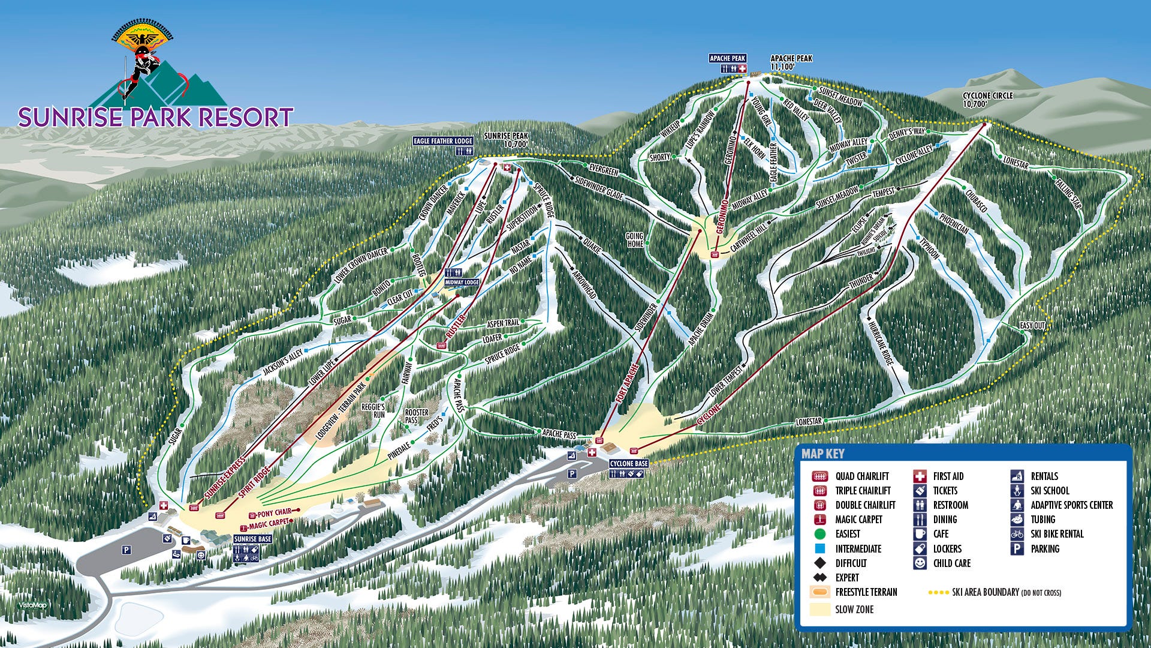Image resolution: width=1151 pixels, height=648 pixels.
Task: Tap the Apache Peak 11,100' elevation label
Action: pos(791,62)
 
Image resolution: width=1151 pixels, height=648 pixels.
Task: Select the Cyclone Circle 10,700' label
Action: pos(987,100)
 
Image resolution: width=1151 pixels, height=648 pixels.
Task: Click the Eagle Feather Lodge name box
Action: pos(443,141)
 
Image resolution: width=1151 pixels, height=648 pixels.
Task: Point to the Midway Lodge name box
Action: pos(462,282)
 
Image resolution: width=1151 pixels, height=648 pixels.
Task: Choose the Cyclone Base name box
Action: pos(628,464)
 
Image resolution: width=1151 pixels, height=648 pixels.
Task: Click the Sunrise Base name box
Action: pos(252,539)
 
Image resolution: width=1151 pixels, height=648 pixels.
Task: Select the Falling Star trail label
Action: pos(1068,191)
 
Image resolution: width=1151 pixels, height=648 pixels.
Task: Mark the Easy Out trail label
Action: pos(1032,325)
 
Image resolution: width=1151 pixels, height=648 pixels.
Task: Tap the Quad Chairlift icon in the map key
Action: pos(819,476)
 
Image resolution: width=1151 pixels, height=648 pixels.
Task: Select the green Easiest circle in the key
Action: pos(820,534)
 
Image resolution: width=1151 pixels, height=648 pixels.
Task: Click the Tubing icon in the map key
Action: pos(1017,520)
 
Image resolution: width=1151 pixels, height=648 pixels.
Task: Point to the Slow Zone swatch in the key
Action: pos(819,609)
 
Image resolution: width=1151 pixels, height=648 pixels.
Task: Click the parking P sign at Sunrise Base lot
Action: pos(126,550)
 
